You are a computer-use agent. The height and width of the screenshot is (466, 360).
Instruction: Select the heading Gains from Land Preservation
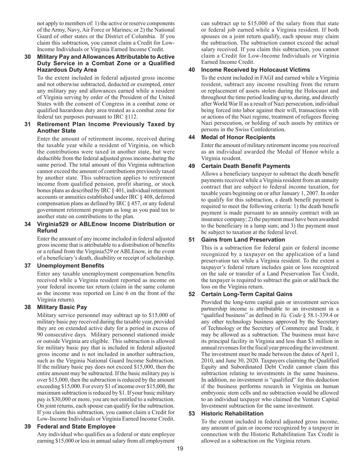[243, 240]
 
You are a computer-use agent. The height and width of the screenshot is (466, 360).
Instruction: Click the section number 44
[192, 137]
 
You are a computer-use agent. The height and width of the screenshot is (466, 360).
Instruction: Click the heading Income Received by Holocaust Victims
[255, 70]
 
